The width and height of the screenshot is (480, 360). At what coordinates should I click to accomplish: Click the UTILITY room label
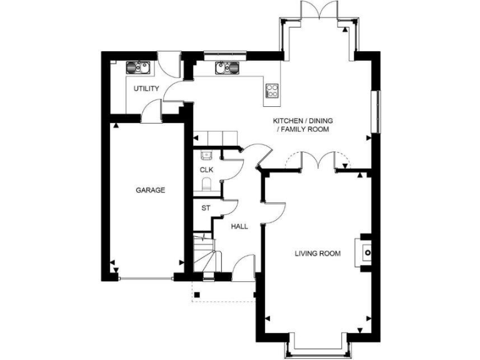coord(146,88)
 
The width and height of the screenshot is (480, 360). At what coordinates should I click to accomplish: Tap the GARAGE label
coord(151,190)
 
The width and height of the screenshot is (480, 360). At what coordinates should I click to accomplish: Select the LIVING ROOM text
coord(318,253)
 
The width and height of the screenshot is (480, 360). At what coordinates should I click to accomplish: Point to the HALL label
coord(239,226)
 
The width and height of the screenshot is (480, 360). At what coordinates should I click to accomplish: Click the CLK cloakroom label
coord(206,169)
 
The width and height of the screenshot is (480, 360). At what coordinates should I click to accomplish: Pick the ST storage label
coord(205,208)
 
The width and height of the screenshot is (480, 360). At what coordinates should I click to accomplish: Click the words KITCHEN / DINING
coord(301,120)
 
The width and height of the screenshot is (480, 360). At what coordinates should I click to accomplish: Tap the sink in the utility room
coord(137,66)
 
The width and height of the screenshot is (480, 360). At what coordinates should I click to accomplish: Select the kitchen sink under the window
coord(224,67)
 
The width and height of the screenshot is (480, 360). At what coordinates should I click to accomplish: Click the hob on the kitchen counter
coord(272,91)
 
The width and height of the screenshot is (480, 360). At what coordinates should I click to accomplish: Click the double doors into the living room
coord(319,161)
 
